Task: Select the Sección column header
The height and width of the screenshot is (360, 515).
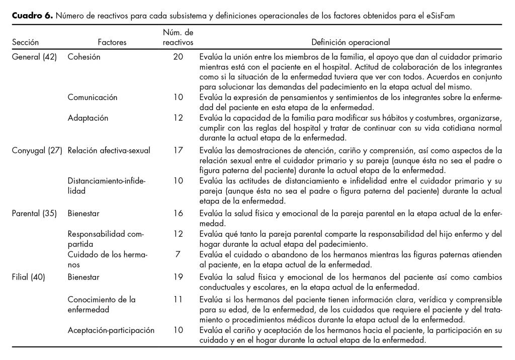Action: click(25, 43)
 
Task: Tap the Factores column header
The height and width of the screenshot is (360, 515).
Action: click(112, 43)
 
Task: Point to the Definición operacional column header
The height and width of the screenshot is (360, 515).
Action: click(351, 43)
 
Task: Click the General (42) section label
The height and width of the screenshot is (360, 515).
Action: click(33, 57)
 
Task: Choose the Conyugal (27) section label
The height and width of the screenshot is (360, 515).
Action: click(37, 150)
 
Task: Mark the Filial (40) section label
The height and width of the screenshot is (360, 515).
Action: click(28, 276)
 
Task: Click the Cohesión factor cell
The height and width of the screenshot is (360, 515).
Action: click(84, 57)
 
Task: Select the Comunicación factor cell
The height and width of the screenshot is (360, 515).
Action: click(93, 97)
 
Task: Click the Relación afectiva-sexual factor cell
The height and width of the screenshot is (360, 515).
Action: click(109, 150)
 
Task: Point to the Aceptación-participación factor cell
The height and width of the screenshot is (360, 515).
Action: click(111, 330)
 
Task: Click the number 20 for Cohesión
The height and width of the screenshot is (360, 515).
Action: click(178, 57)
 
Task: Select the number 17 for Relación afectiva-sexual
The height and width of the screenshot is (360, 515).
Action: click(178, 150)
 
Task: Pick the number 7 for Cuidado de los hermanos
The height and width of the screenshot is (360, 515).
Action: click(178, 254)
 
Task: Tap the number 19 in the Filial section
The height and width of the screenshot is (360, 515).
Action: click(178, 276)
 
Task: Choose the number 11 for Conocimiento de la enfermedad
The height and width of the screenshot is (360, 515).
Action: click(178, 299)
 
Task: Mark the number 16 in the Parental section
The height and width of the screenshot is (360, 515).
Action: click(178, 213)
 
